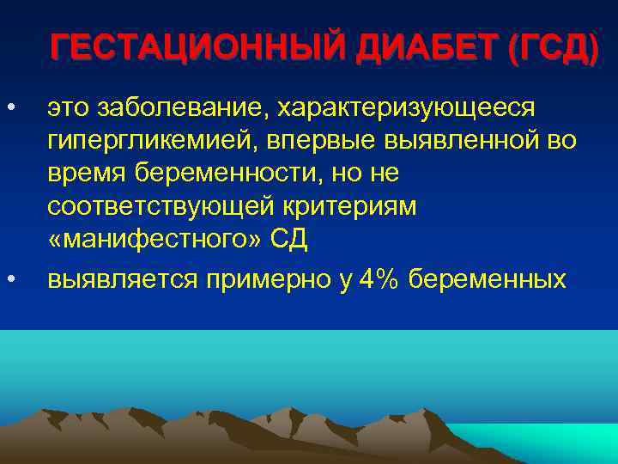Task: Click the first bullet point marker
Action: tap(10, 107)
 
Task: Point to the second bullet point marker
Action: tap(10, 279)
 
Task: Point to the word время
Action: tap(83, 174)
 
